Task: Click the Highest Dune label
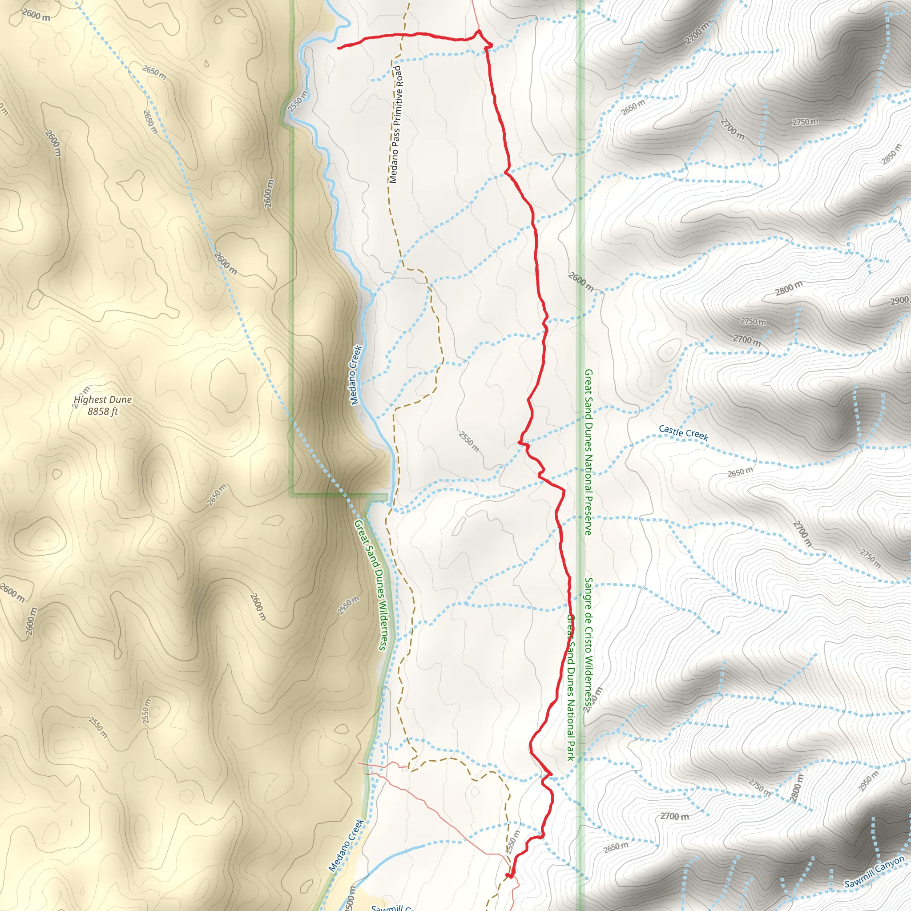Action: click(x=103, y=400)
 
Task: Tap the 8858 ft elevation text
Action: click(x=103, y=411)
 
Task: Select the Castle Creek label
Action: click(x=683, y=432)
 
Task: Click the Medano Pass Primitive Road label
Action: click(x=395, y=125)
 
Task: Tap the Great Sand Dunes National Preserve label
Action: click(x=588, y=452)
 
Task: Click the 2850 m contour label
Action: click(x=892, y=154)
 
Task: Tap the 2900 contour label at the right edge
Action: click(x=900, y=300)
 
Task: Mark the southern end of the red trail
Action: click(x=509, y=876)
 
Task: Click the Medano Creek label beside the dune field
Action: click(x=356, y=375)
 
